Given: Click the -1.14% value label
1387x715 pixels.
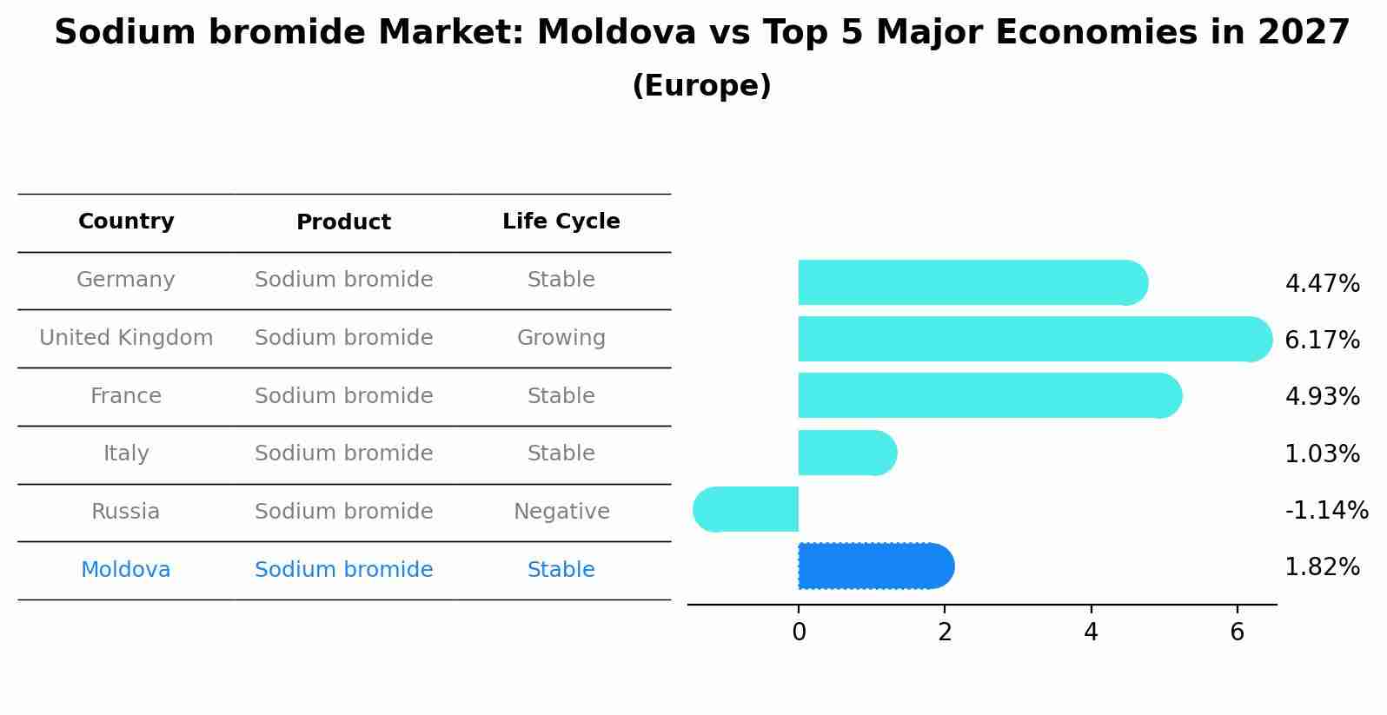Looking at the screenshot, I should tap(1326, 510).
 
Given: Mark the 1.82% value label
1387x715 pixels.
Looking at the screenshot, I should tap(1322, 567).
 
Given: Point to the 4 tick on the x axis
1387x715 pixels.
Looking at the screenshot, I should tap(1091, 632).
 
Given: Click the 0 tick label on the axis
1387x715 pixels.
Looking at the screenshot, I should tap(799, 632).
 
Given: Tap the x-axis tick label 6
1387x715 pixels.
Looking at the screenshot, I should tap(1238, 632).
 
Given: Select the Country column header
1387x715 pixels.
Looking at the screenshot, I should tap(126, 222).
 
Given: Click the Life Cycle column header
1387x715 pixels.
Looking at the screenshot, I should tap(561, 222).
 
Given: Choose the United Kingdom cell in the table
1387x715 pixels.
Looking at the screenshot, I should tap(126, 338).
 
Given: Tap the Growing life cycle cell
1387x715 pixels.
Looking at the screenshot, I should tap(561, 338).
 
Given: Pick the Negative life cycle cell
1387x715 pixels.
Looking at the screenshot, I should tap(561, 512).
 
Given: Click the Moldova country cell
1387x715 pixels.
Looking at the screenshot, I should tap(126, 570).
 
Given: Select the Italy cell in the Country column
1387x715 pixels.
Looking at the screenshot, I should tap(126, 453).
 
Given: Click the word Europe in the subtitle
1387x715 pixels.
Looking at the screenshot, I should tap(701, 86).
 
